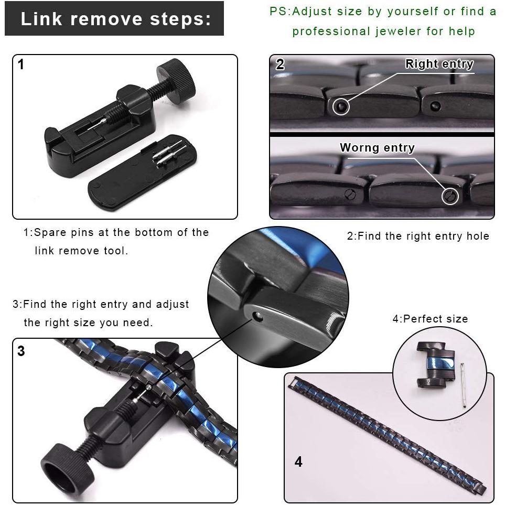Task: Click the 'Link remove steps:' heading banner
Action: pyautogui.click(x=114, y=18)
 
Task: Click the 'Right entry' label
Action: pyautogui.click(x=439, y=64)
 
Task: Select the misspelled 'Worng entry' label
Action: pyautogui.click(x=377, y=147)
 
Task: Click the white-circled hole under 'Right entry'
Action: pyautogui.click(x=340, y=106)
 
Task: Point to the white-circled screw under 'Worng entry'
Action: pyautogui.click(x=450, y=196)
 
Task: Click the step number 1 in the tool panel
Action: pyautogui.click(x=21, y=65)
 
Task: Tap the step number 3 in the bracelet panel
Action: pyautogui.click(x=21, y=351)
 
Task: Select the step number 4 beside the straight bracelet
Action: pyautogui.click(x=298, y=461)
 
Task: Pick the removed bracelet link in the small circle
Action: pyautogui.click(x=435, y=365)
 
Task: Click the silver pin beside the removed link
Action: pyautogui.click(x=464, y=385)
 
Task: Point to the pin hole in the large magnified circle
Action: pyautogui.click(x=257, y=317)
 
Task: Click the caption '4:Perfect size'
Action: pyautogui.click(x=430, y=319)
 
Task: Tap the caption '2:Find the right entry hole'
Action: pyautogui.click(x=418, y=236)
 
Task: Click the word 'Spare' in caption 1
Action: pyautogui.click(x=50, y=232)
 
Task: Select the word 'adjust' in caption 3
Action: pyautogui.click(x=173, y=304)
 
